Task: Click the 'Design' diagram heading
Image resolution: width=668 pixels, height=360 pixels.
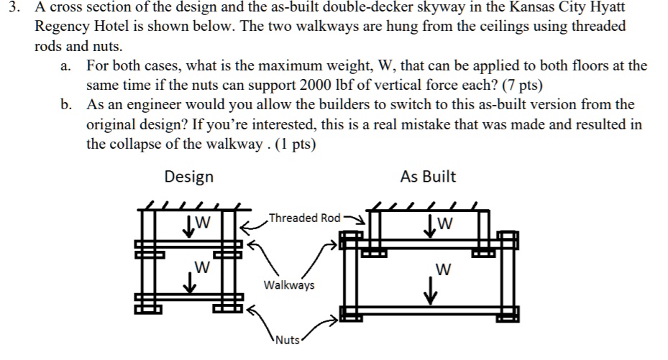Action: click(188, 176)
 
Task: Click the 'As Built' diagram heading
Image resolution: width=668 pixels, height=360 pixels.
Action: click(429, 176)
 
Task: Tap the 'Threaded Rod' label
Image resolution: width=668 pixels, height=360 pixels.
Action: click(303, 218)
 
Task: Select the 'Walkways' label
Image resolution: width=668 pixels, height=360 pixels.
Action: click(289, 285)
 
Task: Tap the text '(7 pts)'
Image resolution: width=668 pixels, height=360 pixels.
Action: click(517, 85)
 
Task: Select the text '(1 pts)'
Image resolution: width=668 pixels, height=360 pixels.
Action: click(292, 143)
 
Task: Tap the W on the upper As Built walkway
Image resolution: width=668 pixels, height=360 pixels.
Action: click(447, 222)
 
